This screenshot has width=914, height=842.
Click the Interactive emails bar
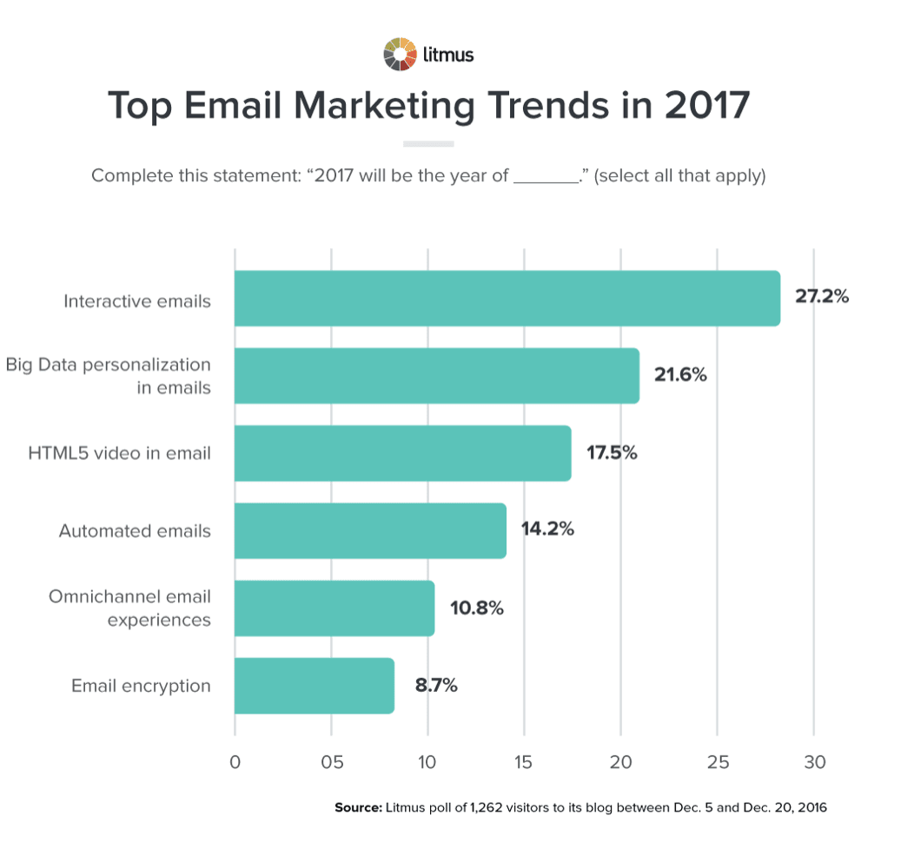pos(507,298)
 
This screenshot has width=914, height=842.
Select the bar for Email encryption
pos(315,686)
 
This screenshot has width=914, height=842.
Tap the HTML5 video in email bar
pos(403,453)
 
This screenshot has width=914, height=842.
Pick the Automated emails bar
pos(370,530)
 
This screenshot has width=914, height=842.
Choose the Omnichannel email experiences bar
pos(334,608)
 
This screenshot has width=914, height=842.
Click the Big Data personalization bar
pos(437,376)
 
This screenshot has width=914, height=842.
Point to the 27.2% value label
pos(822,296)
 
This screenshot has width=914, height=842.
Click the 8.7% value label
pos(436,686)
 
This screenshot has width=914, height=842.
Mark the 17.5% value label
pos(612,452)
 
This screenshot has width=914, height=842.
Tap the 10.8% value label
pos(476,608)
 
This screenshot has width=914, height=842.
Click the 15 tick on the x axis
pos(523,761)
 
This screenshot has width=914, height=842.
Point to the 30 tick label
pos(815,761)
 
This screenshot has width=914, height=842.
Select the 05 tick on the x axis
pos(332,761)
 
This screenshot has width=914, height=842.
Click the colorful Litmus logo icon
pos(400,54)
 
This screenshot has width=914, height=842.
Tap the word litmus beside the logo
pos(448,55)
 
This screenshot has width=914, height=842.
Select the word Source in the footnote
pos(359,807)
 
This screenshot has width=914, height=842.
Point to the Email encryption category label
pos(141,686)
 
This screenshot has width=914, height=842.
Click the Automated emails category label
pos(135,530)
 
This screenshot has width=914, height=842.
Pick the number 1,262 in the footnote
pos(486,807)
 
